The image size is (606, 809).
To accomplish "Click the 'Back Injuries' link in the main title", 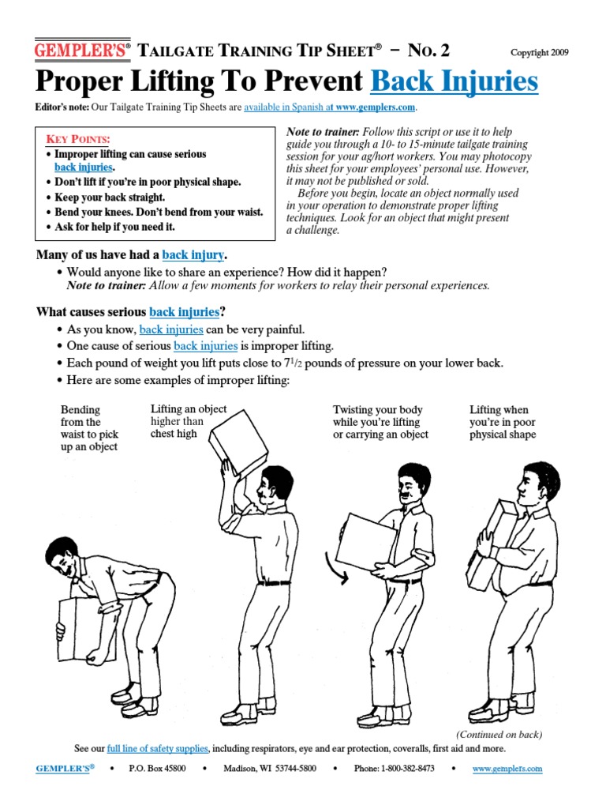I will [x=454, y=81].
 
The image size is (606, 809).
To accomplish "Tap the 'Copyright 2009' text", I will [x=539, y=53].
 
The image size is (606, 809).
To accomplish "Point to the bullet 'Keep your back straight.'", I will [x=110, y=197].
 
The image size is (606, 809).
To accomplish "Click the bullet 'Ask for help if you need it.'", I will [x=114, y=227].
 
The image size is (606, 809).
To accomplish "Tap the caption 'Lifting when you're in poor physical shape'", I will [x=503, y=422].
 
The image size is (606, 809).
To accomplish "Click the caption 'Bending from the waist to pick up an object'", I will [x=88, y=428].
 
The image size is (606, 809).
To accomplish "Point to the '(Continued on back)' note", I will [x=499, y=734].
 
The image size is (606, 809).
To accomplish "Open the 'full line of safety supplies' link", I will [x=158, y=748].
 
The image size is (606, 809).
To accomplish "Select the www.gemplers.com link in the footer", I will [x=507, y=769].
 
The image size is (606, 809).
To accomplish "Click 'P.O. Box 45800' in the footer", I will [x=157, y=769].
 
